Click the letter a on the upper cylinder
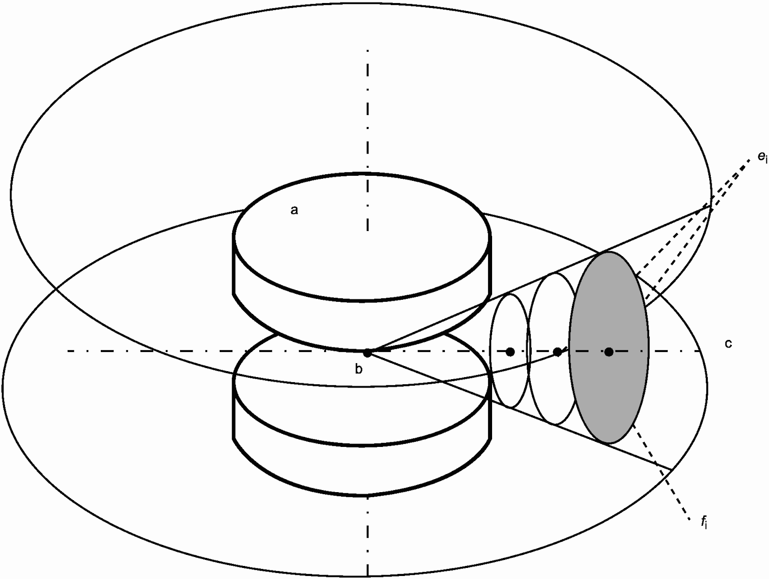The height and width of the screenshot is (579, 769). pos(294,210)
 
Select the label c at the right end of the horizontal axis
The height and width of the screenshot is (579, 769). pos(728,343)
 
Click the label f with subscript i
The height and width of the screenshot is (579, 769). pos(704,523)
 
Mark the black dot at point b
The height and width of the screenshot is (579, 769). pos(367,353)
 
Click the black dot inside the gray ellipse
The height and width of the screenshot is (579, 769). pos(608,352)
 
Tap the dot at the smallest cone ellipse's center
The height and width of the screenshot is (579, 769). pos(510,352)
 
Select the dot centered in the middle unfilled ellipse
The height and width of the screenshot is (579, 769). pos(557,352)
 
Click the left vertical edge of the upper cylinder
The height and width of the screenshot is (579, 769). pos(234,264)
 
